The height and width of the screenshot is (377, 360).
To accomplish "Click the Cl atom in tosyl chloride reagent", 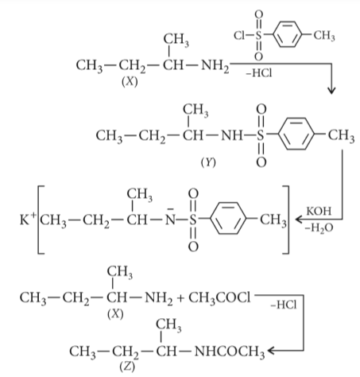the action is click(239, 35).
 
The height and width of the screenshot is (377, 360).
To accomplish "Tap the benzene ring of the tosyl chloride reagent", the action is click(288, 23).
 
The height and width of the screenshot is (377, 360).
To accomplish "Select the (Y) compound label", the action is click(208, 162).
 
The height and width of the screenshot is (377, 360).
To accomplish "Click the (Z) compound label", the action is click(127, 367).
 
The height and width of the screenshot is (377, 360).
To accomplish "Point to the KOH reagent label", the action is click(319, 212).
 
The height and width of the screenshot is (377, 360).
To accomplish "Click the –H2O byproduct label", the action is click(319, 228).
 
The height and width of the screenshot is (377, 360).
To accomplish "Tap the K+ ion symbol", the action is click(28, 219).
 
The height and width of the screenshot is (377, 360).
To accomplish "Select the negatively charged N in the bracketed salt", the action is click(170, 219).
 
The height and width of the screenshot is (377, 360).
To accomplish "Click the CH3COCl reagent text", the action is click(219, 298).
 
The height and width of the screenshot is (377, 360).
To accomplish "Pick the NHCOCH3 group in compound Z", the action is click(230, 352).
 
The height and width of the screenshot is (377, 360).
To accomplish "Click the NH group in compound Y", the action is click(231, 135).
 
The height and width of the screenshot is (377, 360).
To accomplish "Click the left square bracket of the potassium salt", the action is click(39, 220).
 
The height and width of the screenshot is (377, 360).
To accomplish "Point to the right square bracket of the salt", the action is click(287, 220).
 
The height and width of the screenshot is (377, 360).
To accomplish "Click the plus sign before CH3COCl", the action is click(180, 298).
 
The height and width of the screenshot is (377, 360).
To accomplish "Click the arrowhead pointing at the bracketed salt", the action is click(299, 220).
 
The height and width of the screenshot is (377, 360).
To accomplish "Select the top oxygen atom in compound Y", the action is click(261, 109).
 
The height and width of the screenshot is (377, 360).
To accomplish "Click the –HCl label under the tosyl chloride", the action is click(259, 72).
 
